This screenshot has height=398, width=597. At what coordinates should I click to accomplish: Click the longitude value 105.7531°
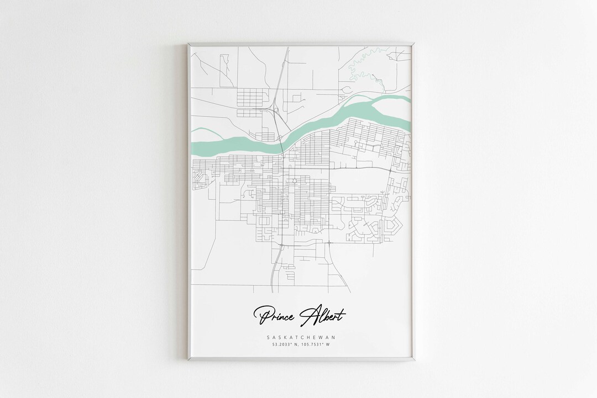pyautogui.click(x=310, y=345)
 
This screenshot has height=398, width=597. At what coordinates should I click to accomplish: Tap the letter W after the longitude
pyautogui.click(x=328, y=345)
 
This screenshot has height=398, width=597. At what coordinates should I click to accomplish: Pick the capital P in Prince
pyautogui.click(x=260, y=316)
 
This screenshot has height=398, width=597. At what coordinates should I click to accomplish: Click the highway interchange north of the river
pyautogui.click(x=274, y=113)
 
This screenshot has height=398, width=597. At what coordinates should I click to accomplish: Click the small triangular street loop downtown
pyautogui.click(x=295, y=181)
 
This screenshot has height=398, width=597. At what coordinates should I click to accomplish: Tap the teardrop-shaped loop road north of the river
pyautogui.click(x=348, y=89)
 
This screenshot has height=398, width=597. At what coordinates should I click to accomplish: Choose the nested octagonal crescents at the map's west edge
pyautogui.click(x=197, y=177)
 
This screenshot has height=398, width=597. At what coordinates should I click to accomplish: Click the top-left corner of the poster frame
pyautogui.click(x=187, y=43)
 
